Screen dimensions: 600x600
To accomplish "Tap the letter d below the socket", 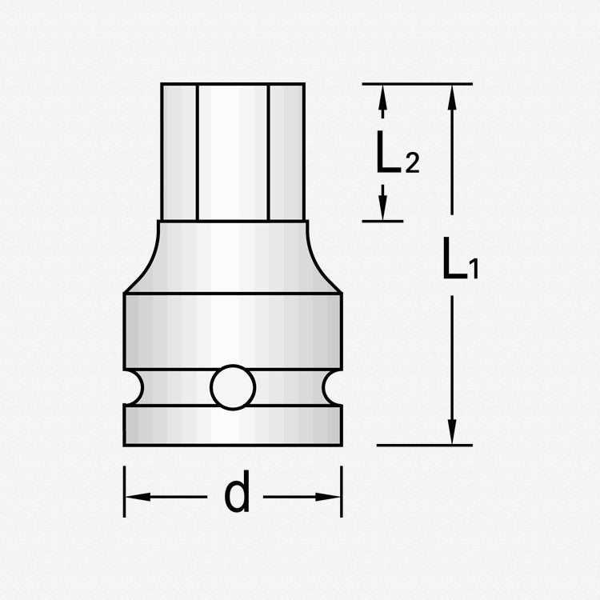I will point(237,496).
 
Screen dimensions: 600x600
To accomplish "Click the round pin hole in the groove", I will point(233,388).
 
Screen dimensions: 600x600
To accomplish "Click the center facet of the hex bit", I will point(233,152).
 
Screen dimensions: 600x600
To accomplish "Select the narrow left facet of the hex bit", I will point(179,152).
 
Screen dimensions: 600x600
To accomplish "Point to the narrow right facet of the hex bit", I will point(286,152).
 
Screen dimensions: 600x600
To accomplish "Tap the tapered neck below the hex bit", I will point(233,258).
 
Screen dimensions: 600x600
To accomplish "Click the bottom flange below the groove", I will point(233,425).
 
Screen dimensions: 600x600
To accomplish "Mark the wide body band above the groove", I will point(233,330).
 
